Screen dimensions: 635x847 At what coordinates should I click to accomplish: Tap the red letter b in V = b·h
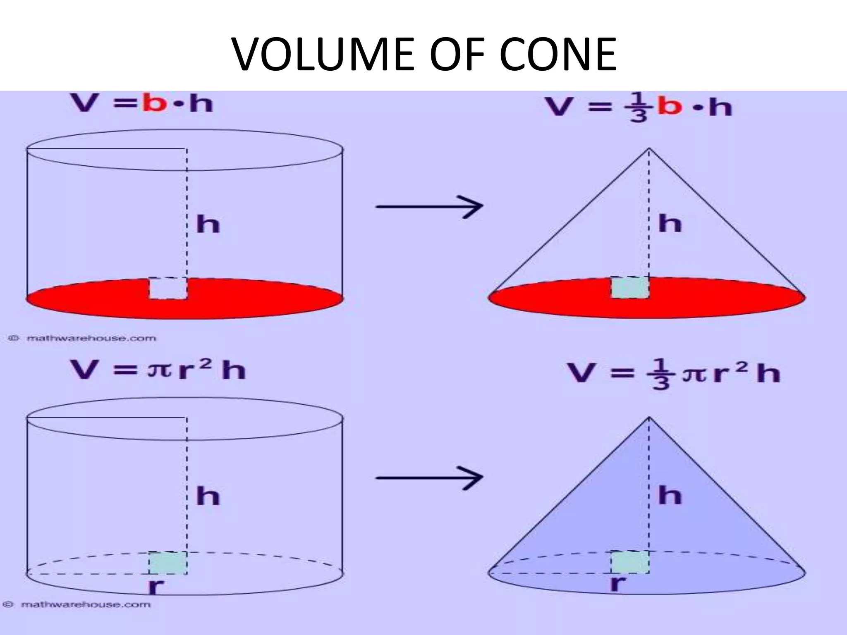[154, 103]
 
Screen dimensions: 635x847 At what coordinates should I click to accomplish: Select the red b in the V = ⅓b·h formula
[670, 107]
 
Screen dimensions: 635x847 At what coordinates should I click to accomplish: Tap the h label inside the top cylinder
[208, 224]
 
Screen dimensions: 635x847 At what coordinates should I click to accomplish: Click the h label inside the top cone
[670, 224]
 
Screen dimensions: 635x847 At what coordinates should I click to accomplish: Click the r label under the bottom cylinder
[156, 586]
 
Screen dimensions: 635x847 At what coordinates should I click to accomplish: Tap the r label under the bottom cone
[618, 583]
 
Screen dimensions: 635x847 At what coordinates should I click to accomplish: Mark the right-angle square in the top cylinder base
[168, 288]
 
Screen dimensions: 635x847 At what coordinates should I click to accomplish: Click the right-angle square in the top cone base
[630, 287]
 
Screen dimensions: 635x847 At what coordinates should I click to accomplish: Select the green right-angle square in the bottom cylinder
[168, 563]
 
